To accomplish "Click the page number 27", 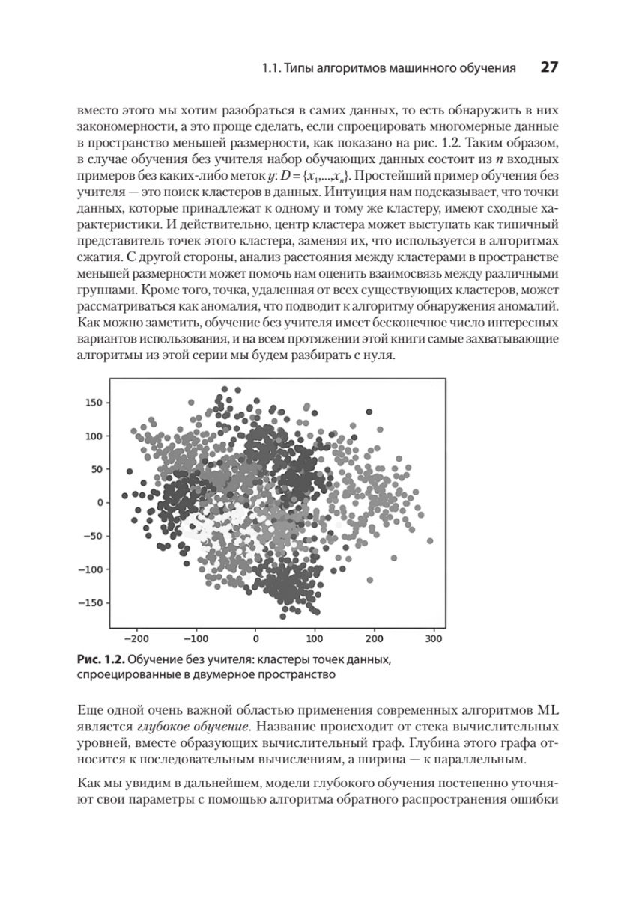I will pos(548,68).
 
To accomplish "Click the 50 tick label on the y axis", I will pos(94,469).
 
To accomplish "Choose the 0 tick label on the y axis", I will pos(98,503).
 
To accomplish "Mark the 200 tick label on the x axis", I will pos(375,640).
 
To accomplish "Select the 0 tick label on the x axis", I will pos(255,640).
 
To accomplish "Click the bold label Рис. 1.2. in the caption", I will pos(100,659).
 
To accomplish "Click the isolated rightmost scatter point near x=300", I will pos(429,540).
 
